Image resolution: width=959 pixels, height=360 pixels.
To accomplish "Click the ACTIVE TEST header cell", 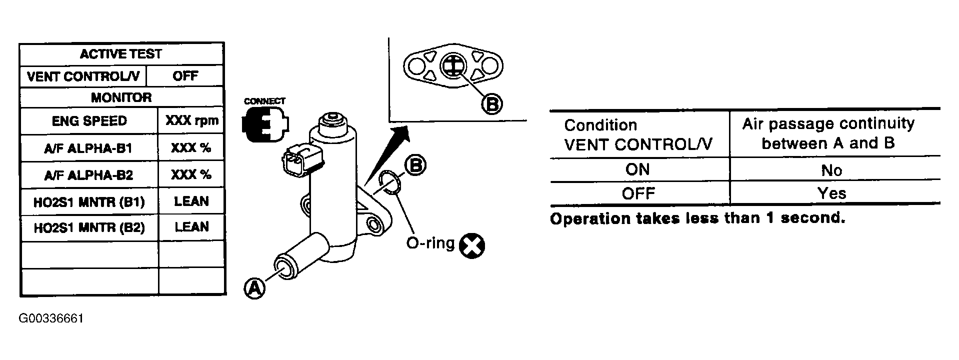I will pos(121,53).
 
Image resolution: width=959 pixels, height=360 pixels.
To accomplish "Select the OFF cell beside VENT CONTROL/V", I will pos(185,76).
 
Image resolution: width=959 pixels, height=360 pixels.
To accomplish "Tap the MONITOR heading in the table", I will pos(121,97).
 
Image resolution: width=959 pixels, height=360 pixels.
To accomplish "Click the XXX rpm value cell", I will pos(191,121).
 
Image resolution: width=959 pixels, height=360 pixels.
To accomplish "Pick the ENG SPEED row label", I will pos(89,121).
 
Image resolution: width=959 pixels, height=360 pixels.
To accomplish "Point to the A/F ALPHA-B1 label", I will pos(89,148).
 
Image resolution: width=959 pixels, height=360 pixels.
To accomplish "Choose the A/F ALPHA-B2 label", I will pos(89,175).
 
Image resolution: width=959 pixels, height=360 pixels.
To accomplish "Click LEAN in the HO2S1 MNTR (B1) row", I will pos(191,201).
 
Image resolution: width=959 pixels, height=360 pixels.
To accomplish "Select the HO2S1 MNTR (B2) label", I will pos(89,228).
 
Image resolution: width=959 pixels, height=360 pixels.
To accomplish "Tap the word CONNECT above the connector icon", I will pos(264,101).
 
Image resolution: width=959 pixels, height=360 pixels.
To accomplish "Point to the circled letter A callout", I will pos(254,288).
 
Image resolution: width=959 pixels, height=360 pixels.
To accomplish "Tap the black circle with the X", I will pos(472,245).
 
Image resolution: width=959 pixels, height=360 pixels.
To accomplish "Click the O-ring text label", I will pos(430,243).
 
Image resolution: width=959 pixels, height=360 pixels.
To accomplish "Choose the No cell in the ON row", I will pos(831,170).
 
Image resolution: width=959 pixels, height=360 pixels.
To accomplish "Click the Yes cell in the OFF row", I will pos(831,193).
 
